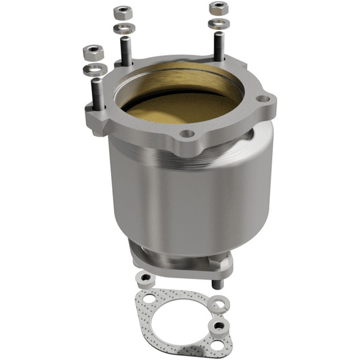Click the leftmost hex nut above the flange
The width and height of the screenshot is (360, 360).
93,52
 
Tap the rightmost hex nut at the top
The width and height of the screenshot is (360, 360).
218,8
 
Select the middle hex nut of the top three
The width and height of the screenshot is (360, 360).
123,12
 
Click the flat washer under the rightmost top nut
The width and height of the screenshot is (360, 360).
217,25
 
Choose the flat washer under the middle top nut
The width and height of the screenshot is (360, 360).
124,28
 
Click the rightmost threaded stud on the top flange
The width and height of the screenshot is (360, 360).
219,46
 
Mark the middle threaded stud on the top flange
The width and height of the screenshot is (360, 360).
125,51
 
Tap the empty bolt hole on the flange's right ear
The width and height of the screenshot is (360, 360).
262,100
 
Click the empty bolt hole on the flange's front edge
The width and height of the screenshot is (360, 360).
188,134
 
